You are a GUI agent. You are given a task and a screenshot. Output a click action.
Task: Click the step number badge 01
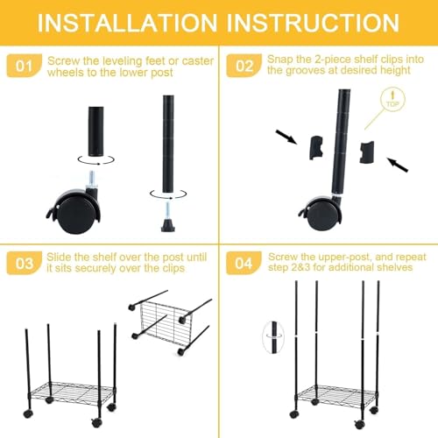(x=24, y=66)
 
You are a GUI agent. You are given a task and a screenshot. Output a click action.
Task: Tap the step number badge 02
(x=244, y=66)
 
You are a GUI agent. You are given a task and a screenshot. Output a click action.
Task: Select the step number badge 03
(x=24, y=263)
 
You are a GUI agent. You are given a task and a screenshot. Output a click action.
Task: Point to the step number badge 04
(x=244, y=263)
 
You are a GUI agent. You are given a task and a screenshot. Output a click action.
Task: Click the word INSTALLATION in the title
(x=127, y=23)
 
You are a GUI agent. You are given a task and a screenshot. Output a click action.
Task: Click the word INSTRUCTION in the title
(x=313, y=23)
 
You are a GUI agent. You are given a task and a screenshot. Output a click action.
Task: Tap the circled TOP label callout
(x=392, y=101)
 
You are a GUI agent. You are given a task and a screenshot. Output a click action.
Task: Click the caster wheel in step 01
(x=74, y=210)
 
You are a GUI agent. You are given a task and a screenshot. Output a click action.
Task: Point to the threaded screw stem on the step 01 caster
(x=92, y=178)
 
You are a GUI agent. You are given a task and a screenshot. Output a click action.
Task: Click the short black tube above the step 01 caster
(x=95, y=131)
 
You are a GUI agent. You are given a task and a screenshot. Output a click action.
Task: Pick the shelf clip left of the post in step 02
(x=316, y=148)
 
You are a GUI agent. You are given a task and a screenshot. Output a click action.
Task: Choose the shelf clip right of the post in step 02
(x=366, y=152)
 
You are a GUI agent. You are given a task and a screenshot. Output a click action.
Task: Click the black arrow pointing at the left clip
(x=286, y=137)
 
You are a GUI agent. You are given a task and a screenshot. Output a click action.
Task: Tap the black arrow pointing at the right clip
(x=398, y=165)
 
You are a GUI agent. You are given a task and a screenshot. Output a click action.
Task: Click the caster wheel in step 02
(x=321, y=212)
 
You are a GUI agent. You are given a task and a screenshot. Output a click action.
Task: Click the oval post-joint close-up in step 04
(x=274, y=337)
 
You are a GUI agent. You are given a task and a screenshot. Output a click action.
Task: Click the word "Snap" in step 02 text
(x=279, y=60)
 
